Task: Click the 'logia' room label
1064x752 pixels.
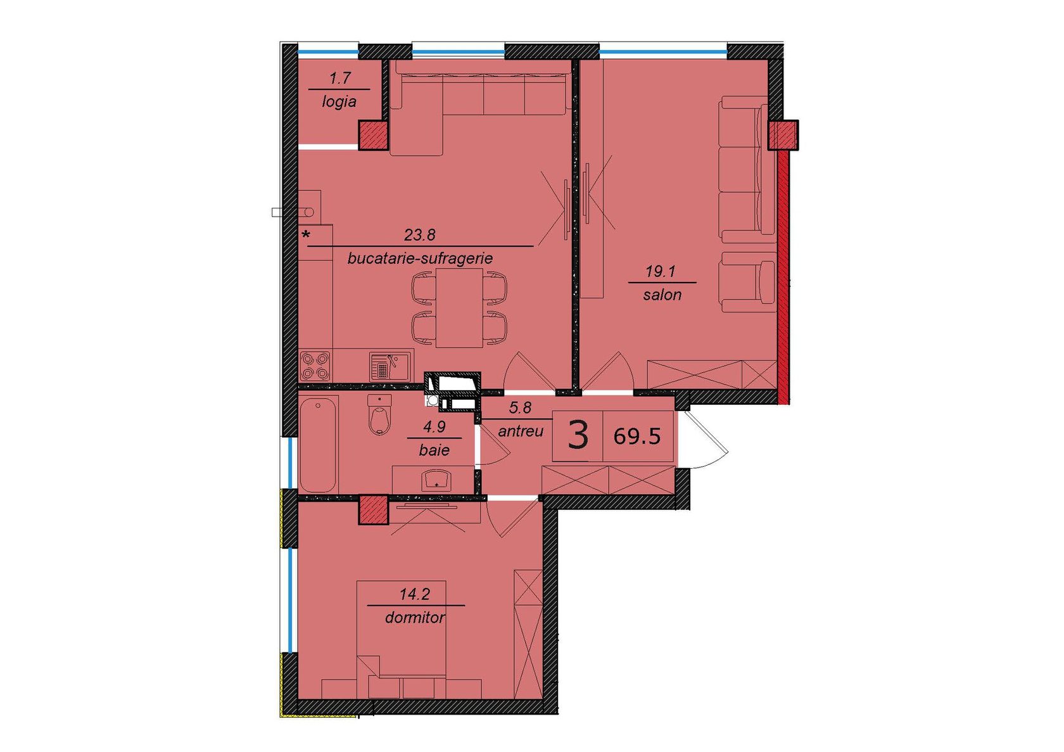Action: (x=339, y=101)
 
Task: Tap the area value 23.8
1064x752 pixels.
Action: (x=420, y=234)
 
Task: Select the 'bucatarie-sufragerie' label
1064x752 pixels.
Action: (x=420, y=258)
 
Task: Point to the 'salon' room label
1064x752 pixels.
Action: (x=662, y=295)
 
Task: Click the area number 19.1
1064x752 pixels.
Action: (x=660, y=272)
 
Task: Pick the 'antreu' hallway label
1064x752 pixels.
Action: (x=521, y=432)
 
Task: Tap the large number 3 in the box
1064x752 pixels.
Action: (x=578, y=435)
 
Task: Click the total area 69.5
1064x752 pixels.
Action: (x=637, y=436)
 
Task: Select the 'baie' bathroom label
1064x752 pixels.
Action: (x=434, y=450)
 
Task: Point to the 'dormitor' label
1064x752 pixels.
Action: (x=415, y=618)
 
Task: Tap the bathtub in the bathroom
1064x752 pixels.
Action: (x=318, y=444)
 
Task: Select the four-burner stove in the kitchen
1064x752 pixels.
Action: (x=315, y=366)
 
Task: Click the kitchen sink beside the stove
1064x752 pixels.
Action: (x=390, y=366)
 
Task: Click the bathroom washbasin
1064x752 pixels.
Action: (x=436, y=480)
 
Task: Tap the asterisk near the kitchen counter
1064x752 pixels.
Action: (x=307, y=234)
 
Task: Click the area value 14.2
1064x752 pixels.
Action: (x=415, y=594)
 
